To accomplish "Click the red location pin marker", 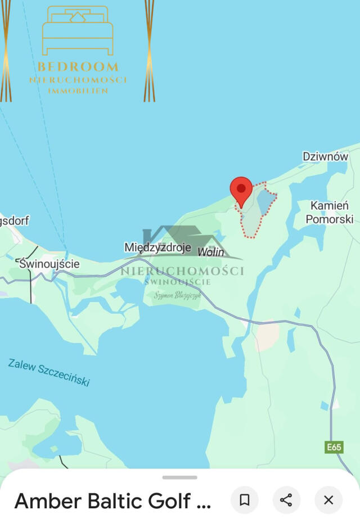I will (x=241, y=189).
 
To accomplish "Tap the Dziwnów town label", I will (x=325, y=157).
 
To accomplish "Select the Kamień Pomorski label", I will (x=329, y=212).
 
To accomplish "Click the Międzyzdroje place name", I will (x=157, y=247).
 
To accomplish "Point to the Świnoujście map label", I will (x=49, y=263).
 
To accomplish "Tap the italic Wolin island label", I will (x=211, y=252).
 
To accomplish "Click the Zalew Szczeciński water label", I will (x=49, y=372).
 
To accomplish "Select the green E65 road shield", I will (x=334, y=447).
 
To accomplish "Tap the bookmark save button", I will (x=245, y=500).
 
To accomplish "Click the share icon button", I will (x=286, y=500).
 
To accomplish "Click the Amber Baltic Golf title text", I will (x=112, y=500).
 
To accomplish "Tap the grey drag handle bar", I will (x=180, y=477).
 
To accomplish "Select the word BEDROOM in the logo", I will (x=78, y=67).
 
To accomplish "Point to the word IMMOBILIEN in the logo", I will (x=78, y=91).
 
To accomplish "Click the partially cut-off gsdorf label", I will (x=14, y=220).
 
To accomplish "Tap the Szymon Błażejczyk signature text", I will (x=178, y=295).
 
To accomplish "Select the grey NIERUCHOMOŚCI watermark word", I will (x=182, y=271).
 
